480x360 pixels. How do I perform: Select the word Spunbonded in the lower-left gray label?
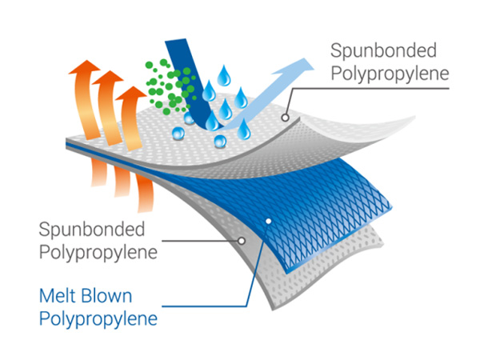(92, 230)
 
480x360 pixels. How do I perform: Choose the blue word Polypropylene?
(98, 320)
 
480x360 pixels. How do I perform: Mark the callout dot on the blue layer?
(269, 221)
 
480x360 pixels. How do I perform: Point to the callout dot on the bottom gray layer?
(242, 239)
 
